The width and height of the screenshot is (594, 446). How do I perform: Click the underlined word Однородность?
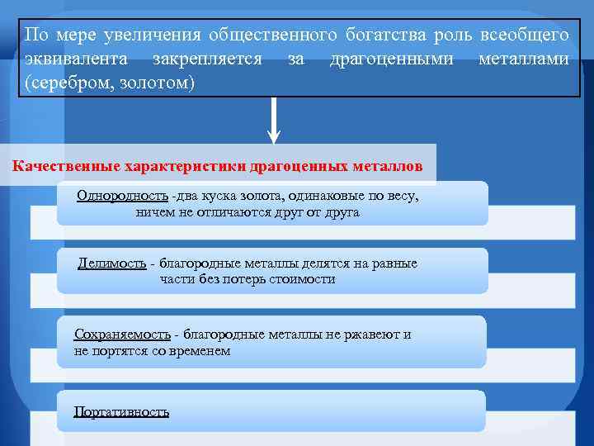pyautogui.click(x=122, y=196)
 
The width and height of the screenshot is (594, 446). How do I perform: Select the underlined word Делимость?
pyautogui.click(x=111, y=263)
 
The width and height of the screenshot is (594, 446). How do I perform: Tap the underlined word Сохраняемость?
pyautogui.click(x=122, y=334)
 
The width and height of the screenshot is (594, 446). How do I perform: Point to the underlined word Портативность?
pyautogui.click(x=121, y=411)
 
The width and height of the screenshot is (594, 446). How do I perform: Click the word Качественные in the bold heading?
pyautogui.click(x=65, y=165)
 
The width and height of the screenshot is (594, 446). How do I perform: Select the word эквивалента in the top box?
pyautogui.click(x=76, y=59)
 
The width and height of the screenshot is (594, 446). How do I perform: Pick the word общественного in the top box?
pyautogui.click(x=272, y=36)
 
